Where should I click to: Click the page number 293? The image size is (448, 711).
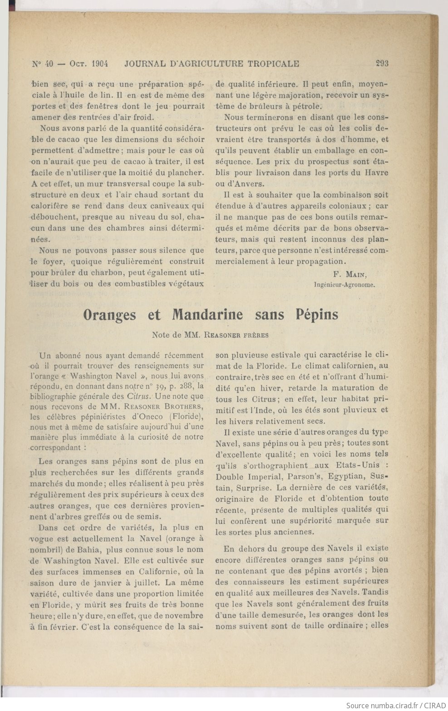(x=382, y=64)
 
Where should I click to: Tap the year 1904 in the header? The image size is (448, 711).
(x=99, y=64)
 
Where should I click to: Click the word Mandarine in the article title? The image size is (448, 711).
(x=207, y=315)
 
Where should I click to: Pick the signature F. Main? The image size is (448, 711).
(x=350, y=274)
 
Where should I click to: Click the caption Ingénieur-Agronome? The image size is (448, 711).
(x=344, y=285)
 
